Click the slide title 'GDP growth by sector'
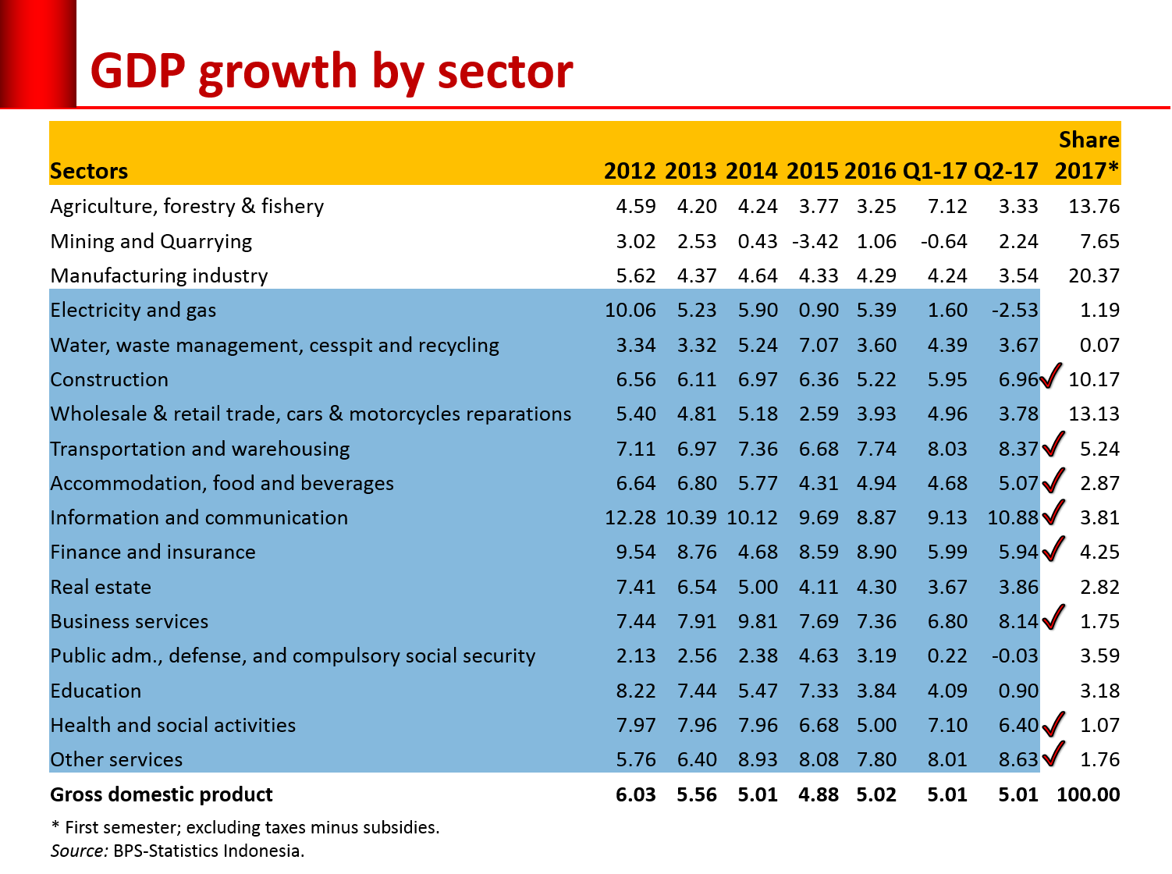point(332,72)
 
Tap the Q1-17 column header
point(934,171)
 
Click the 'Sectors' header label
point(89,171)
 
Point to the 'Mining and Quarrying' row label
point(151,241)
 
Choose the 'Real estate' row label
point(101,587)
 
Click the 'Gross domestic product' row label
point(162,794)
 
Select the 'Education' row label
point(96,691)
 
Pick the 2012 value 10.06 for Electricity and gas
point(630,311)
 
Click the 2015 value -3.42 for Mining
point(815,241)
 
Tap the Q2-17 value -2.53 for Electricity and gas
point(1014,311)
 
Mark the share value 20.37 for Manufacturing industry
point(1093,275)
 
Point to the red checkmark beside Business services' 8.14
point(1053,617)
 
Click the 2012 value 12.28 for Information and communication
point(630,517)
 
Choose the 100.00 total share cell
point(1088,794)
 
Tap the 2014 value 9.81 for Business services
point(757,621)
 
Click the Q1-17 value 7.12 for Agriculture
point(946,206)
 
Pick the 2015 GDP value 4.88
point(818,794)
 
